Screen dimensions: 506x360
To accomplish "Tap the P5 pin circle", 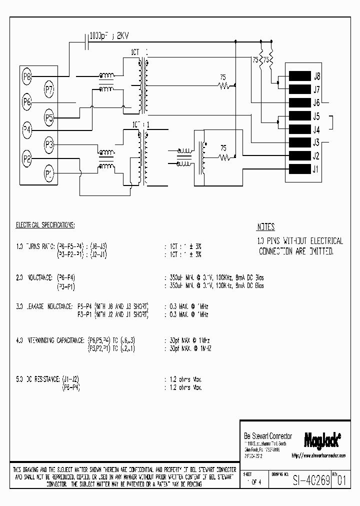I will click(49, 118).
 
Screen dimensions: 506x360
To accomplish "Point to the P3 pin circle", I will click(49, 145).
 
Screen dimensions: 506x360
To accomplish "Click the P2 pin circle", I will click(27, 159).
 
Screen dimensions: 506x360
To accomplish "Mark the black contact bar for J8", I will click(299, 76).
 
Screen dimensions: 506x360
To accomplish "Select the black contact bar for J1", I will click(299, 169).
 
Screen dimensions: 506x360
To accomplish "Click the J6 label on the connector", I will click(316, 103).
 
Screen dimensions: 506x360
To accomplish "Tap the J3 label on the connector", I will click(316, 142).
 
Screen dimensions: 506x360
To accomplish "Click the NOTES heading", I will click(265, 227).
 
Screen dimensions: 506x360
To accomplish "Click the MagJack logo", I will click(322, 439).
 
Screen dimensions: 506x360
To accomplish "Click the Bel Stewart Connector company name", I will click(267, 436).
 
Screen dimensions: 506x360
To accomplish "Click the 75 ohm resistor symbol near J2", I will click(227, 158).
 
